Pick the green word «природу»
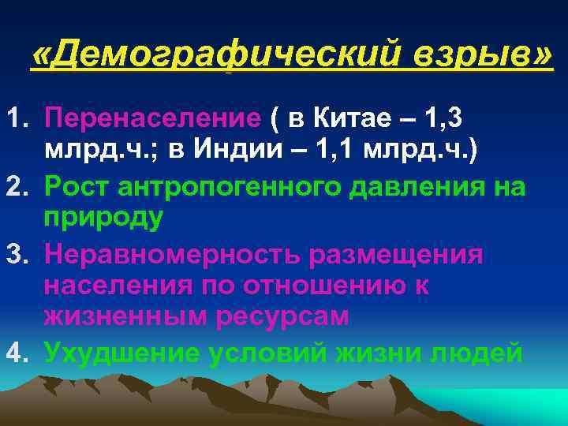click(x=103, y=219)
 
